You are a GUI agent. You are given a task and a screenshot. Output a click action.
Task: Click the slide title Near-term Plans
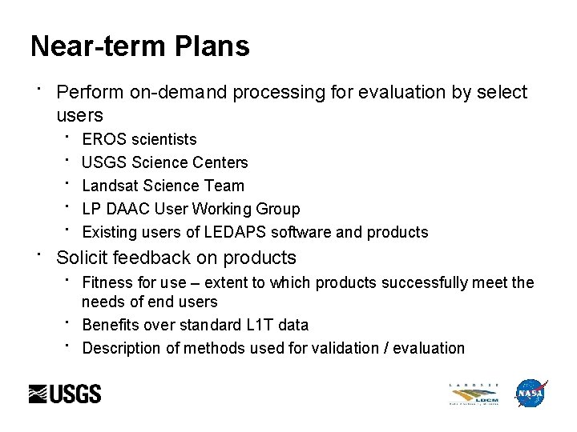139,46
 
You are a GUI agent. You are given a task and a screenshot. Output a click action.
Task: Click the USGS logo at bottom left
65,394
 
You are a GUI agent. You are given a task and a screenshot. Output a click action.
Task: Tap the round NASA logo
530,394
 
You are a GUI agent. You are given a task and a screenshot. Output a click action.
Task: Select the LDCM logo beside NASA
474,394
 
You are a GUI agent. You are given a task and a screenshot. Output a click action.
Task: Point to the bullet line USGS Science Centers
165,162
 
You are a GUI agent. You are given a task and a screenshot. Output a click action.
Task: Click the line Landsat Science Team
163,186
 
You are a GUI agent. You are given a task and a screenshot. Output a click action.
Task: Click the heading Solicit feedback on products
176,258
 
